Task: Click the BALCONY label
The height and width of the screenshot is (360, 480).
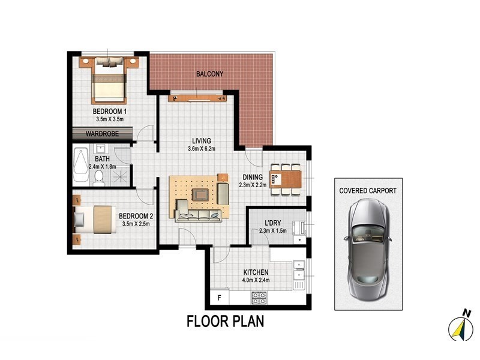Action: pos(209,74)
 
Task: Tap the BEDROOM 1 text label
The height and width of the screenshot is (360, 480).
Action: pos(109,112)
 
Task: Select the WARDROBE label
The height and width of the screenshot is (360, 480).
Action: pos(101,134)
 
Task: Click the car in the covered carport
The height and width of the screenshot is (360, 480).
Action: pos(368,243)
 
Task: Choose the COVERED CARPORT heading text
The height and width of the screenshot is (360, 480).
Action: pos(368,191)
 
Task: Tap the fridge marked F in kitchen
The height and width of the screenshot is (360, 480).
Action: pos(220,297)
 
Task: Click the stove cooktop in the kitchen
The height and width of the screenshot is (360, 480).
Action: pos(259,296)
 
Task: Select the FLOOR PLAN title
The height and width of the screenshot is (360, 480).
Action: pos(225,321)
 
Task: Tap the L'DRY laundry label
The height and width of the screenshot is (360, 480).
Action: pos(273,223)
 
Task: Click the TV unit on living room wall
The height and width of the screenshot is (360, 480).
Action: pos(197,97)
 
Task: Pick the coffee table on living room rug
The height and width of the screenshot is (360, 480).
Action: pos(199,195)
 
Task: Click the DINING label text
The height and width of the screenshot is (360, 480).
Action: pos(253,177)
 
